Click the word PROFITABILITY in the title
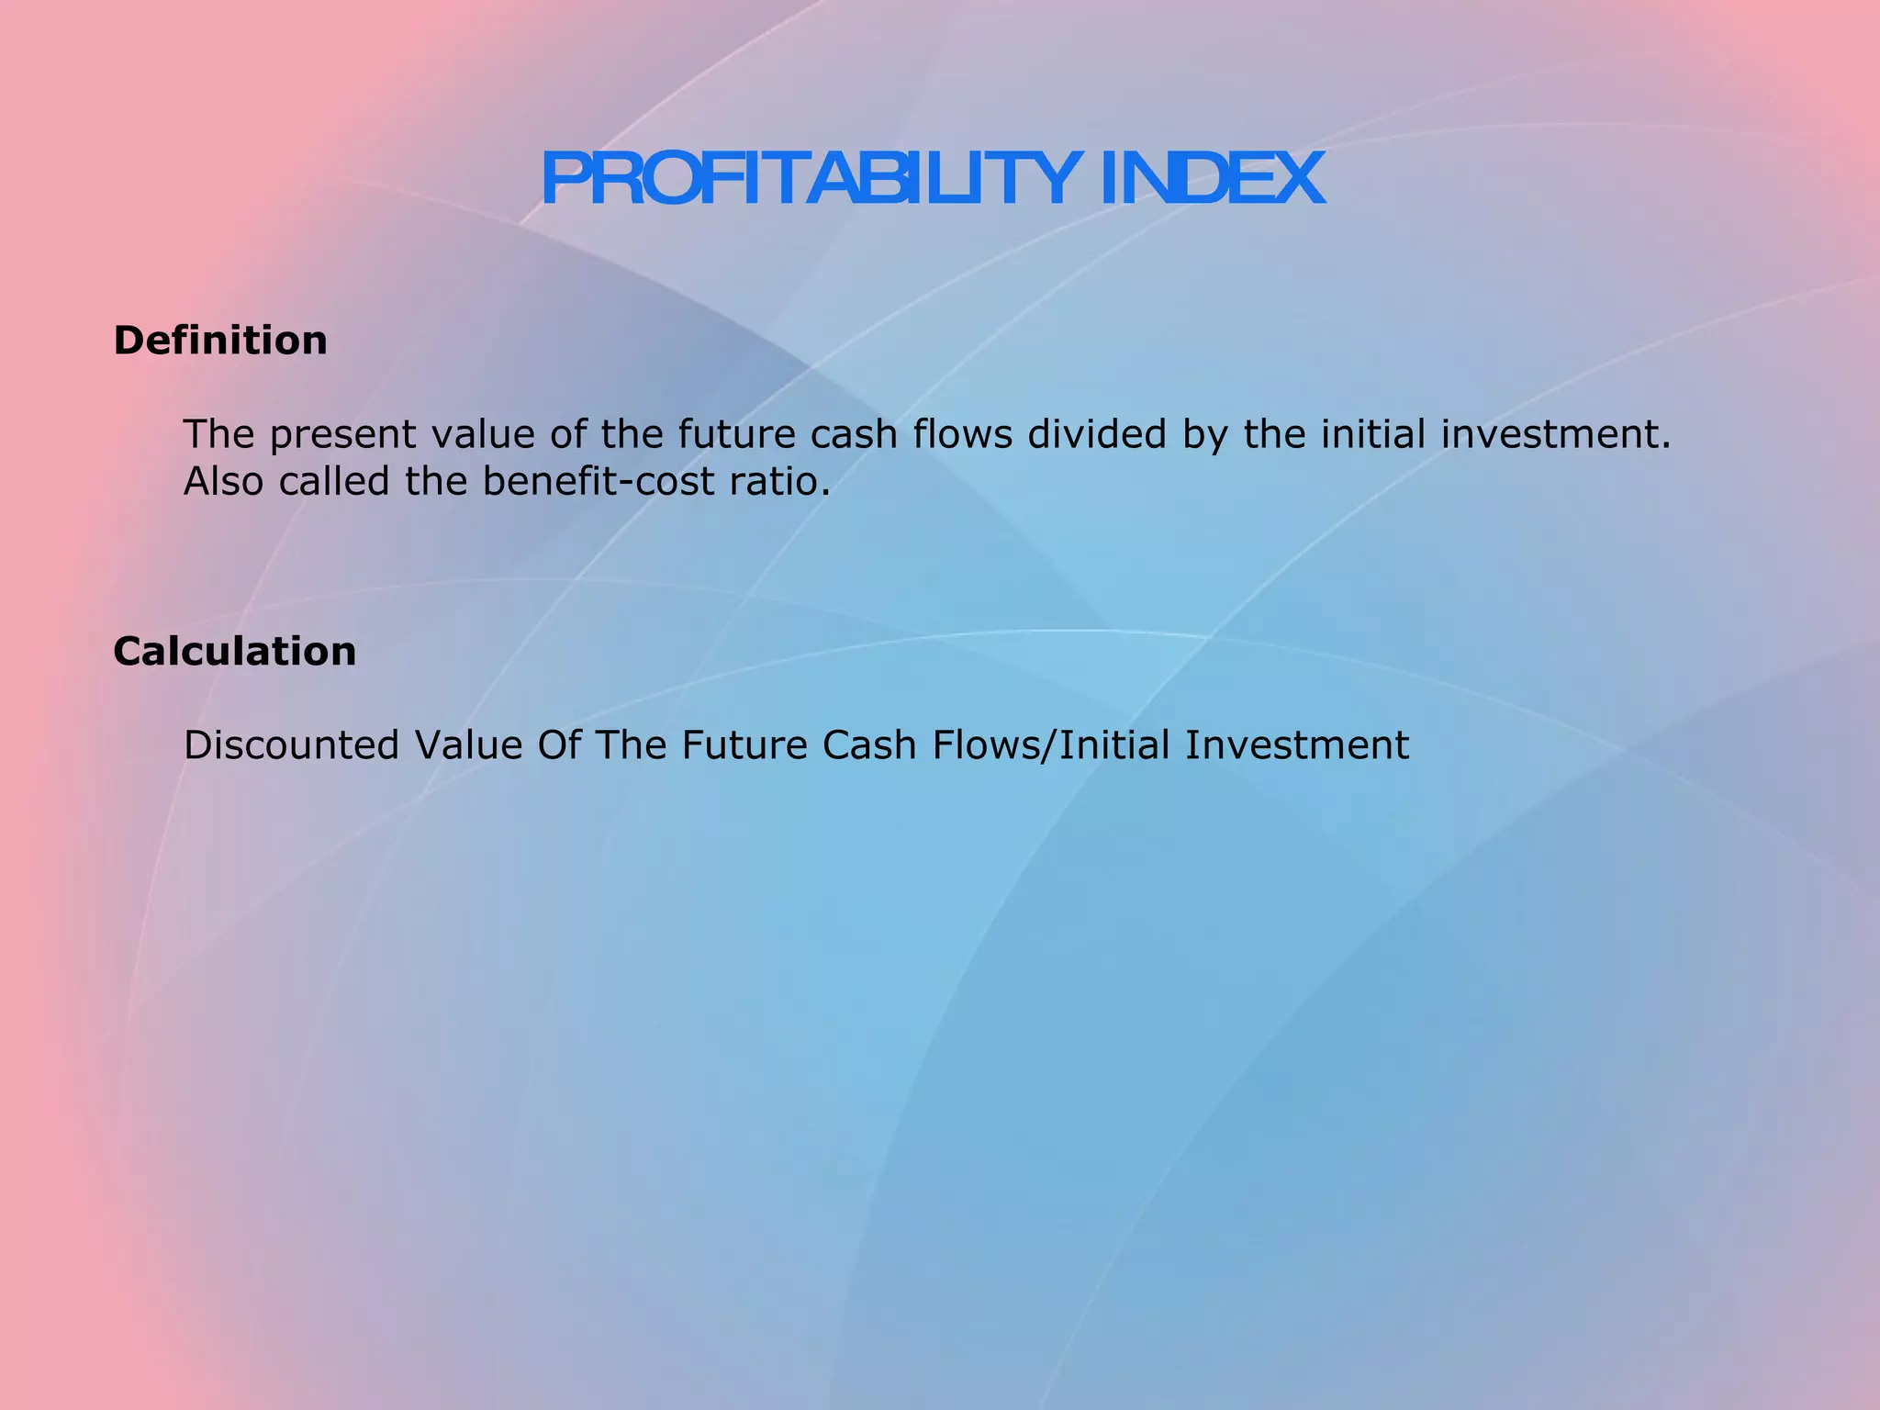808,179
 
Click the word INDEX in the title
1211,179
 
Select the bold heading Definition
220,341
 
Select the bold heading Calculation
235,652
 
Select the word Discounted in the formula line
292,745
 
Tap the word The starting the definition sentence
218,434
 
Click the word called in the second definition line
334,482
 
